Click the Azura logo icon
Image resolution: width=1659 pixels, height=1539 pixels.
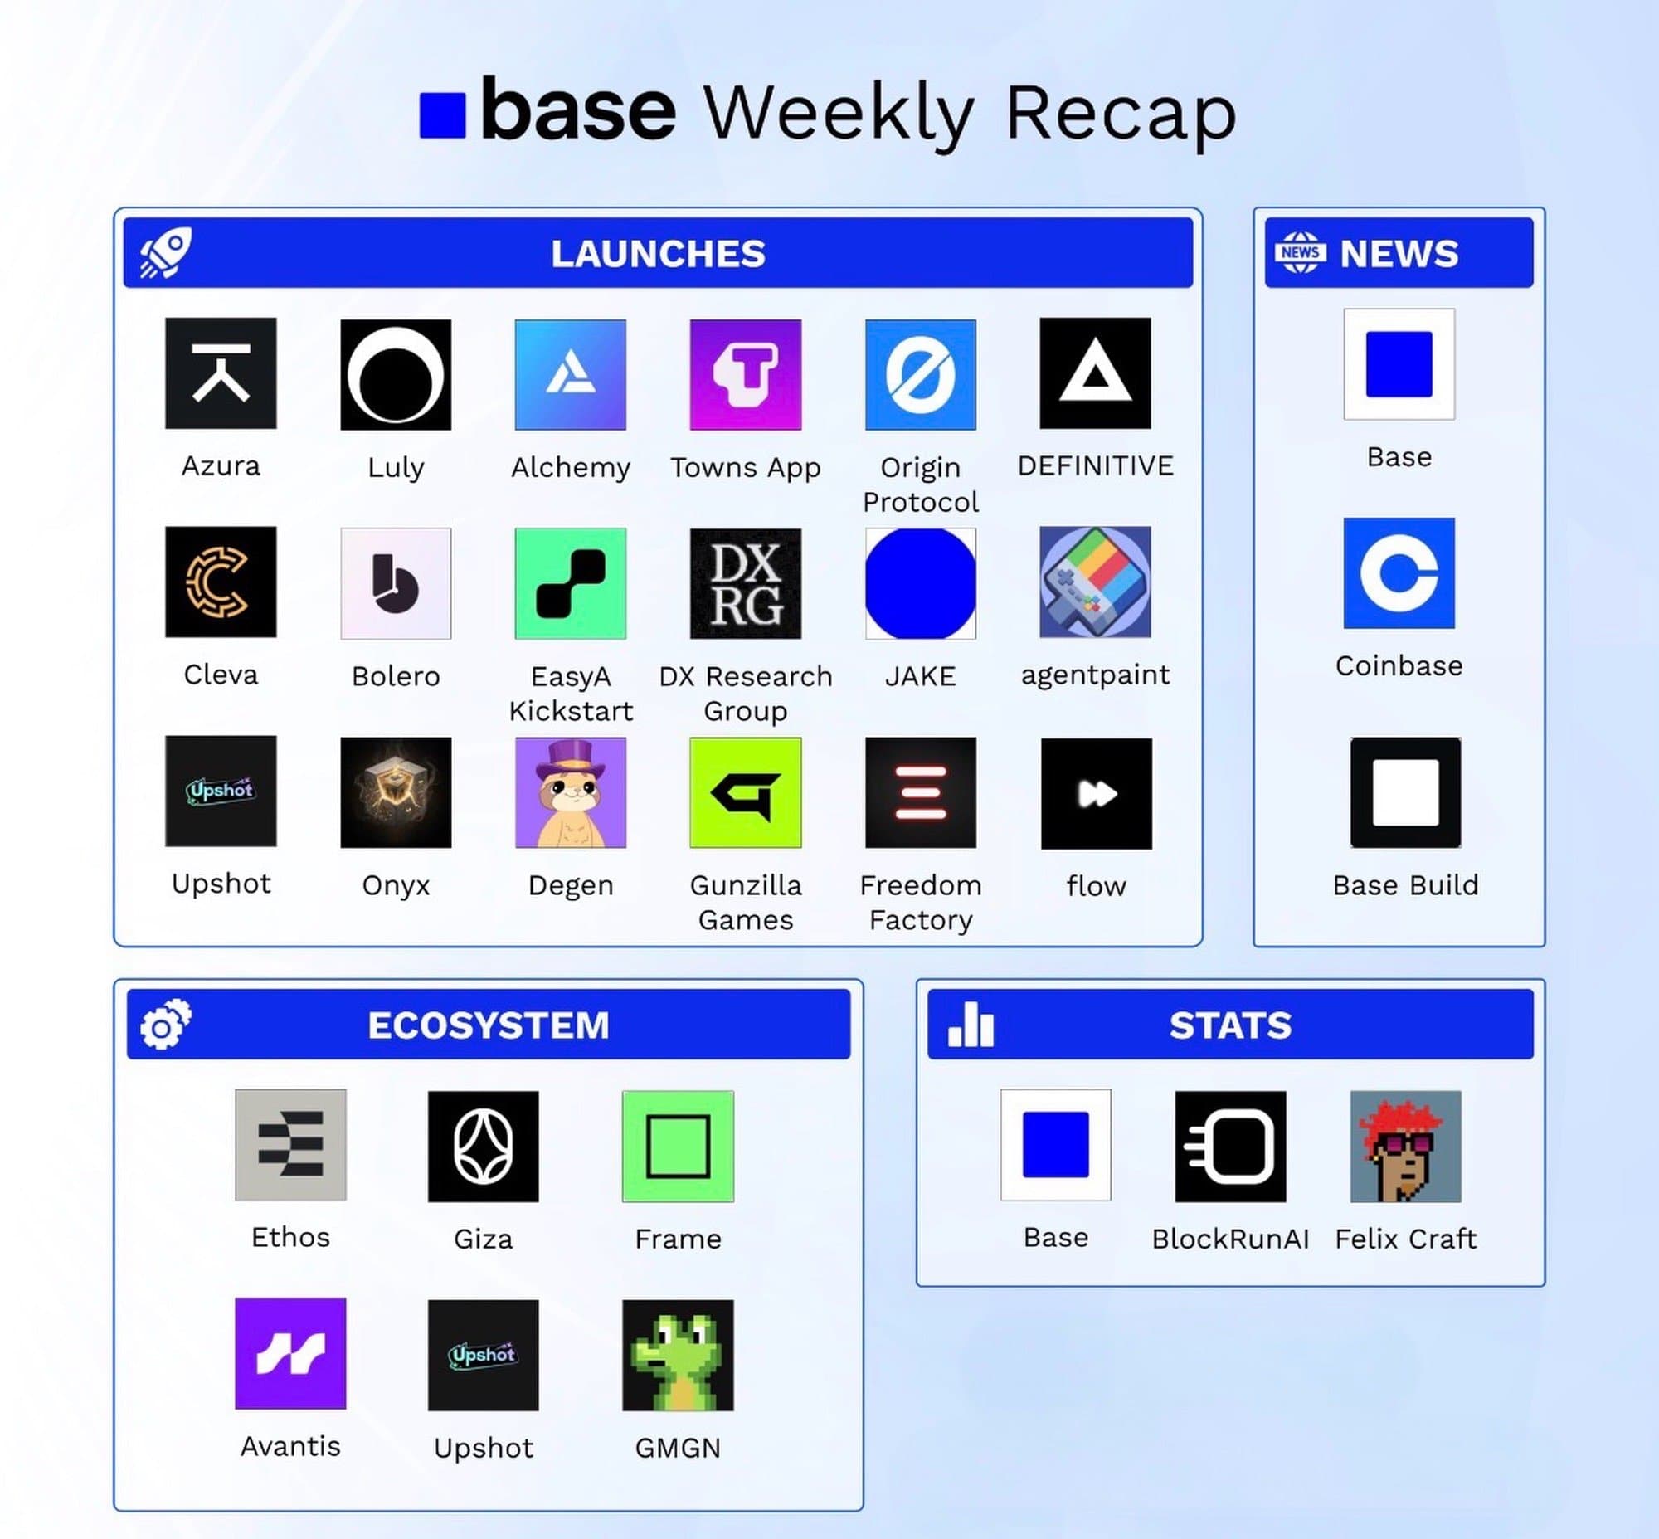(221, 373)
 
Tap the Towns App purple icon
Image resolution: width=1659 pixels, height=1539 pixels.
(746, 375)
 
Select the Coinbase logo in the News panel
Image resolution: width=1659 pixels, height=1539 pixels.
(1399, 573)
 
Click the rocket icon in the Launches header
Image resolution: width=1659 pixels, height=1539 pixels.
(165, 252)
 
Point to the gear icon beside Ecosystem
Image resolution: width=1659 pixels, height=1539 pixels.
(165, 1025)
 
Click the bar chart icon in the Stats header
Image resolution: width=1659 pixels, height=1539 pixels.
(971, 1025)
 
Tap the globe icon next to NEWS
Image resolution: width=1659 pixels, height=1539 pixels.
(1299, 252)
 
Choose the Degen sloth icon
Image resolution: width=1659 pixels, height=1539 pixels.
(571, 792)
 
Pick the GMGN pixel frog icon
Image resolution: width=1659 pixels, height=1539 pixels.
(677, 1355)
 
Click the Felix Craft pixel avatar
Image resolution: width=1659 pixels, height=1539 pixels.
(1405, 1146)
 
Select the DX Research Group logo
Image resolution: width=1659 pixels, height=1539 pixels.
(746, 583)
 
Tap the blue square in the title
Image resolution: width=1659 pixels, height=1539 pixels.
(442, 115)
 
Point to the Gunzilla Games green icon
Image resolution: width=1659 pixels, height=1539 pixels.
(746, 792)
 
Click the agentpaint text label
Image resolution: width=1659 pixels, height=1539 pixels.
(1095, 675)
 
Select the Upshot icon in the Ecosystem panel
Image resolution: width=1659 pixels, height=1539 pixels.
(483, 1355)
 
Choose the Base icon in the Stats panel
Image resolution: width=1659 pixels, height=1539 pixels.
(1055, 1145)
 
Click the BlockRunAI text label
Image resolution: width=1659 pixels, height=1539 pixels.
(1230, 1239)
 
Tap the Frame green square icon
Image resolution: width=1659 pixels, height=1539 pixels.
(677, 1146)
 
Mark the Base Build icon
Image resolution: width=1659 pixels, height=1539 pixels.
(1405, 792)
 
